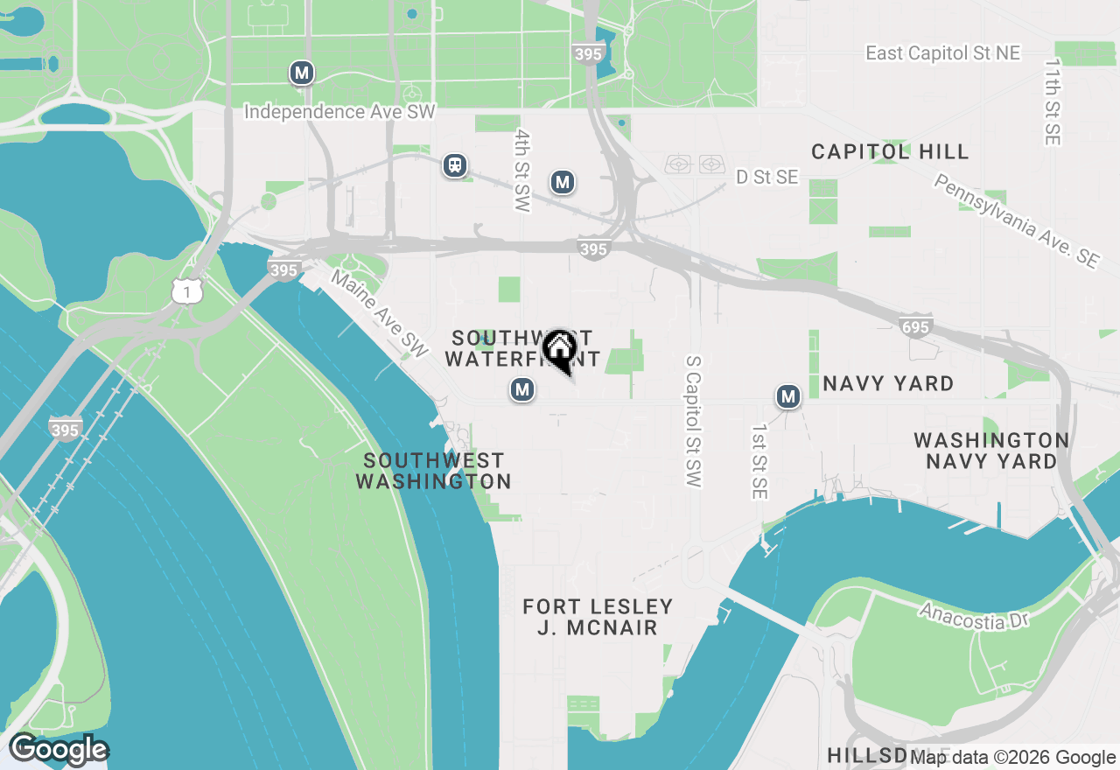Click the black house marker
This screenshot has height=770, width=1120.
559,350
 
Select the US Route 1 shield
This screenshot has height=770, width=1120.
187,291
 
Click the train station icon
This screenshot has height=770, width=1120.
454,165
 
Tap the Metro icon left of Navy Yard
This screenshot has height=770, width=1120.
788,397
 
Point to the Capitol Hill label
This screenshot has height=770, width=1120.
890,152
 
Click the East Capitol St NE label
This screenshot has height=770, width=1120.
942,53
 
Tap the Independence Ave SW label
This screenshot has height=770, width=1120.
339,112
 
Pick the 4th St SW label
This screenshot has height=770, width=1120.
522,171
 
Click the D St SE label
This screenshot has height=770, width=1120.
766,178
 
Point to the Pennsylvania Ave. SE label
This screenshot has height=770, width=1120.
1015,220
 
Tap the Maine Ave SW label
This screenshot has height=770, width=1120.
379,312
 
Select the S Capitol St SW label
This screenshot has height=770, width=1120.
694,421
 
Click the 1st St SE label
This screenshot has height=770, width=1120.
759,463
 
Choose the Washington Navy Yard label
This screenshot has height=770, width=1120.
990,450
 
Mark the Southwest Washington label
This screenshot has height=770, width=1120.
433,471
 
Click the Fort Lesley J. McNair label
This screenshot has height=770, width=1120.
598,617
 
